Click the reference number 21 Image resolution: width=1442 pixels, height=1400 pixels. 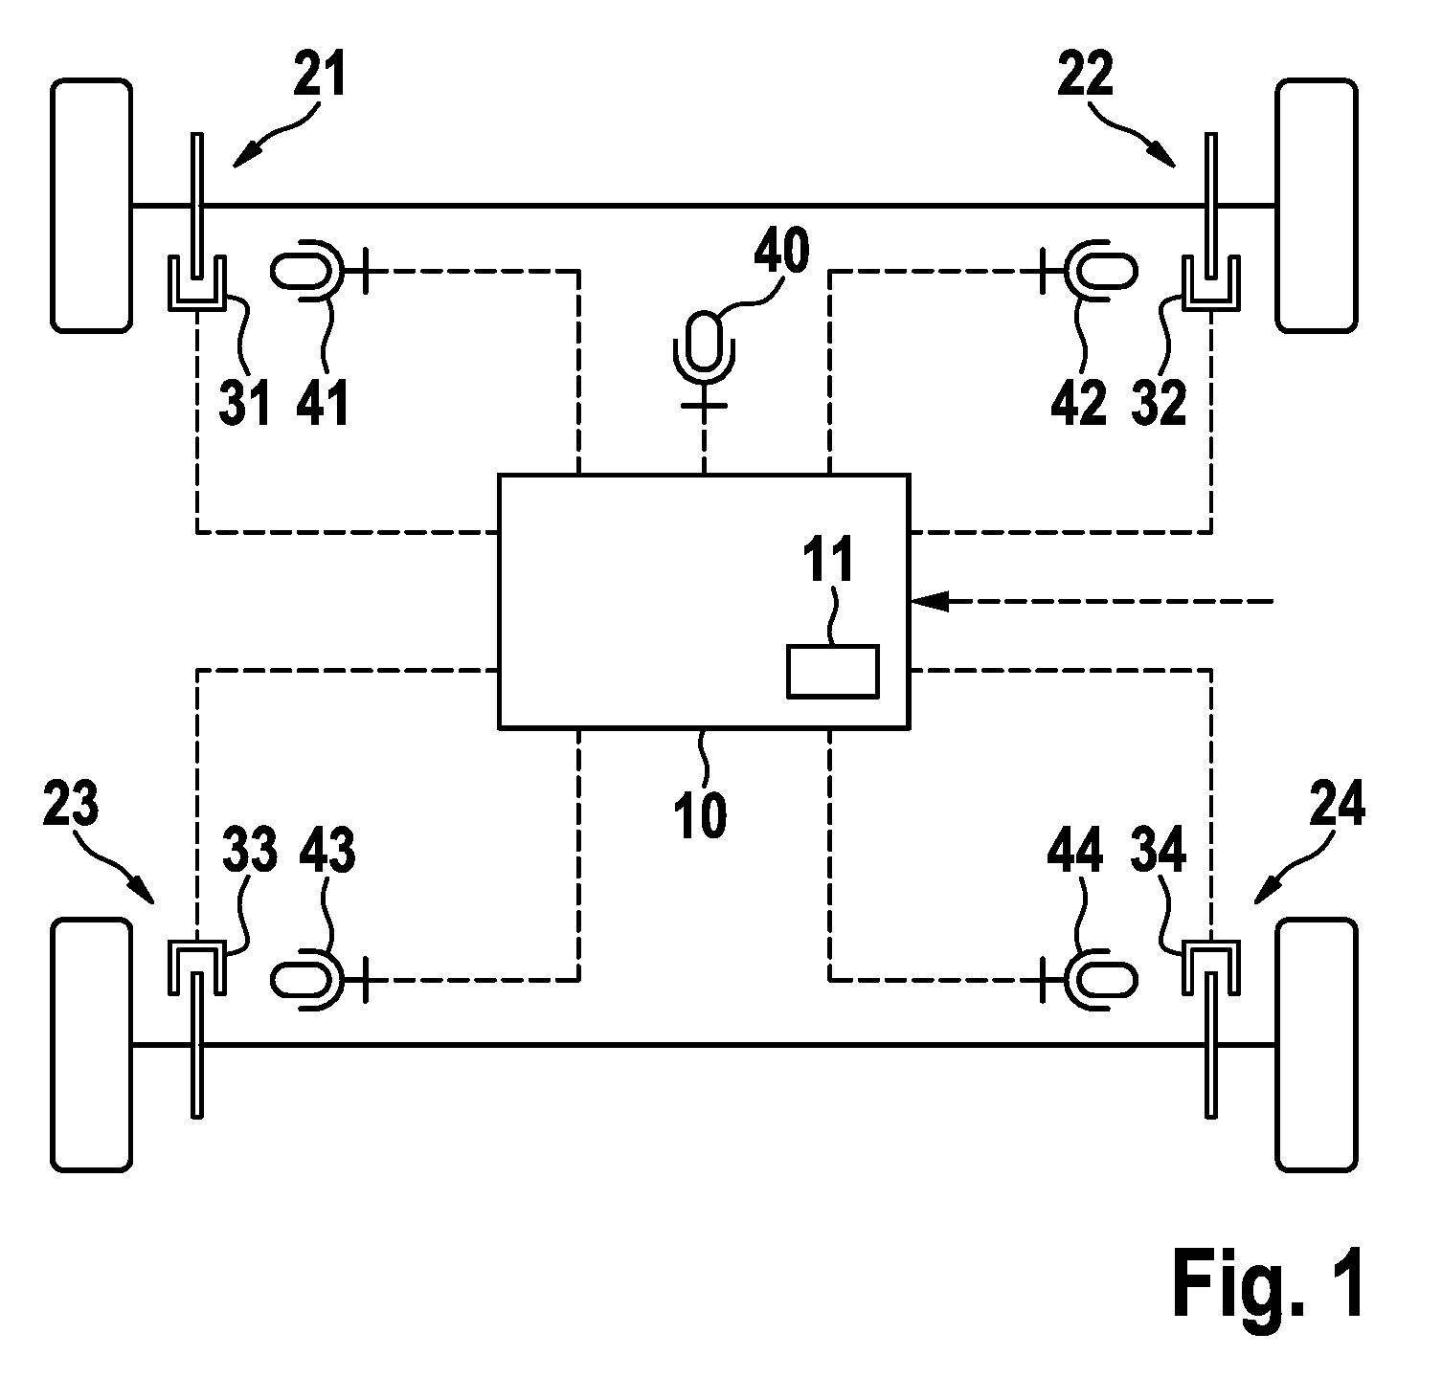point(318,77)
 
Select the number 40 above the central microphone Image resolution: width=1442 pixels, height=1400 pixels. point(782,252)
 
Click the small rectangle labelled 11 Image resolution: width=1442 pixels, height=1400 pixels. point(832,671)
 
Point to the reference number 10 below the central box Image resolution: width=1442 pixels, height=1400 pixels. point(701,815)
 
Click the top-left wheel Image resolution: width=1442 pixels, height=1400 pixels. point(91,206)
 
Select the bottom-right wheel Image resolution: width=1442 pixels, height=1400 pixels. point(1317,1044)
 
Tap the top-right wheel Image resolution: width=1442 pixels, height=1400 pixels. point(1317,206)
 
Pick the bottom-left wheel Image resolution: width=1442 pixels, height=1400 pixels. point(91,1044)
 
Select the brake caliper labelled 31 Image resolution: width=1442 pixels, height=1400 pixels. point(196,282)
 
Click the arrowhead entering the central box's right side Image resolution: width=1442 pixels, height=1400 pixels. point(929,601)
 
